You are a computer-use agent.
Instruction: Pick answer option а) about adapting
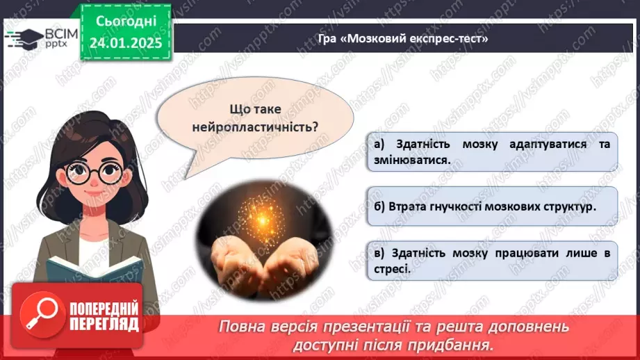(491, 152)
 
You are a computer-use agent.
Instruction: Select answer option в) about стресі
(491, 261)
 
